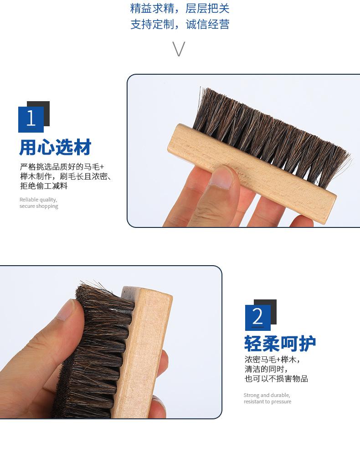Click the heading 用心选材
click(55, 147)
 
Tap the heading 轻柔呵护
click(280, 344)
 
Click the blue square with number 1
click(31, 119)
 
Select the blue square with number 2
click(257, 318)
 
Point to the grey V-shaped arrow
click(179, 49)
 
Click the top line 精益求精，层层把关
click(180, 8)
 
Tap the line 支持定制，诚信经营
click(180, 24)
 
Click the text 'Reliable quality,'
click(38, 200)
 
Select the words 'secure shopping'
click(39, 206)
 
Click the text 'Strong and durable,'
click(267, 395)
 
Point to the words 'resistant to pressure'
click(267, 402)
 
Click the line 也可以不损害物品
click(276, 378)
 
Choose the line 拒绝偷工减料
click(44, 186)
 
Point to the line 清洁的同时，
click(266, 369)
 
